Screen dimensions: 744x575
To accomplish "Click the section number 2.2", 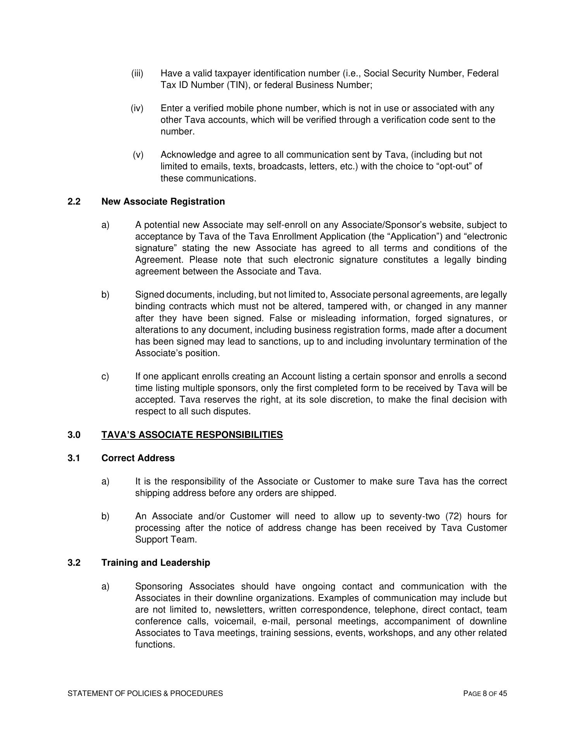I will click(x=74, y=202).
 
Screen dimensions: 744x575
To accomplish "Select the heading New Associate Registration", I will click(x=163, y=202).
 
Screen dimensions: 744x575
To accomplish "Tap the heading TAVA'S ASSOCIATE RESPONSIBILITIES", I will click(x=192, y=435).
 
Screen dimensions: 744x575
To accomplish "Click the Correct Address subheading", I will click(x=138, y=458).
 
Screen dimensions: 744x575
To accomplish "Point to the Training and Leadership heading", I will click(x=156, y=563).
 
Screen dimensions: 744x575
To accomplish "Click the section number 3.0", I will click(x=74, y=435).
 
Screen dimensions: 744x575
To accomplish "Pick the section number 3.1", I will click(x=74, y=458).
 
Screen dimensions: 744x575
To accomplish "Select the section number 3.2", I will click(x=74, y=563).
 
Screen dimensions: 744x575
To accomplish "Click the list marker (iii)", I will click(x=137, y=74).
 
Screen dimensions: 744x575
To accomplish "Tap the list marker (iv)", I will click(x=137, y=108).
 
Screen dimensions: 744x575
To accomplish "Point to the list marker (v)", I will click(x=138, y=155).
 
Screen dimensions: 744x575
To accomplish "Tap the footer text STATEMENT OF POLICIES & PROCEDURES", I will click(x=145, y=694).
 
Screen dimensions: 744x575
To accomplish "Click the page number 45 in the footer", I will click(x=503, y=694).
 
